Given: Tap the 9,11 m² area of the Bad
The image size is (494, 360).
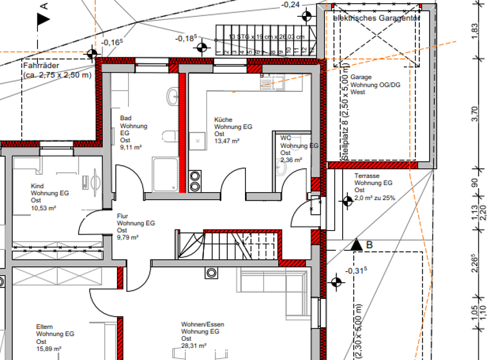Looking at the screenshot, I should pyautogui.click(x=131, y=147).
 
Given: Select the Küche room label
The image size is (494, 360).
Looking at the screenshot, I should pyautogui.click(x=223, y=120).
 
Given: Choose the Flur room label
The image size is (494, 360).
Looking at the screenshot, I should pyautogui.click(x=123, y=216).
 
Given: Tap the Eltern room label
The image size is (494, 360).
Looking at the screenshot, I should pyautogui.click(x=45, y=327).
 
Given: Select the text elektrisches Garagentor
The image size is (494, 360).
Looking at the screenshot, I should pyautogui.click(x=376, y=19).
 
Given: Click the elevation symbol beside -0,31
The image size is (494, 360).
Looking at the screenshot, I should pyautogui.click(x=335, y=282).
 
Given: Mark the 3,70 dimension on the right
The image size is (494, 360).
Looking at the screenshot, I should pyautogui.click(x=475, y=114).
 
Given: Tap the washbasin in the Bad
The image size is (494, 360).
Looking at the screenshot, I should pyautogui.click(x=172, y=96).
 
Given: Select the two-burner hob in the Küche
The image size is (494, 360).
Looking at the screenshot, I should pyautogui.click(x=196, y=178).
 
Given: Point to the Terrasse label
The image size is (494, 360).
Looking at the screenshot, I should pyautogui.click(x=367, y=175).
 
